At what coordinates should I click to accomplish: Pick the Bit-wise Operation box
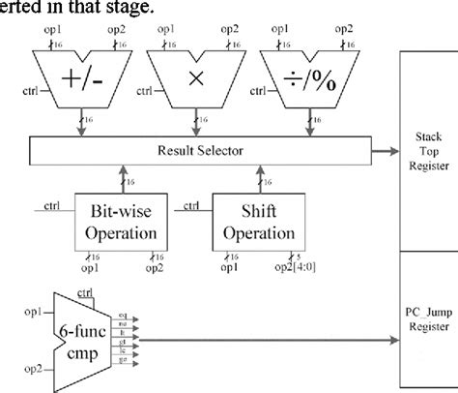click(x=123, y=222)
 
